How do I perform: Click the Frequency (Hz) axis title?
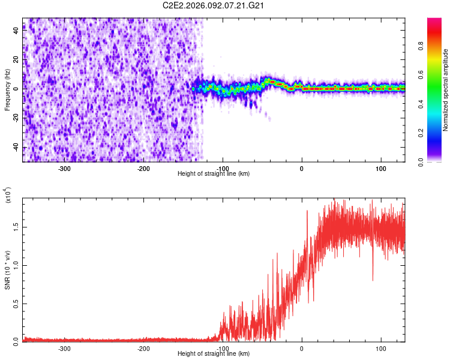[7, 90]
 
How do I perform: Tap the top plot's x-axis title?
[214, 173]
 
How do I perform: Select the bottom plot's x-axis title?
[214, 353]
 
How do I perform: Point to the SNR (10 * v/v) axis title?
[7, 269]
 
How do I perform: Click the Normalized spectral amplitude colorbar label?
[446, 90]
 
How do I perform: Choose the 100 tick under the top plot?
[380, 168]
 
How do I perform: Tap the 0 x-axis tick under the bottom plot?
[302, 348]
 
